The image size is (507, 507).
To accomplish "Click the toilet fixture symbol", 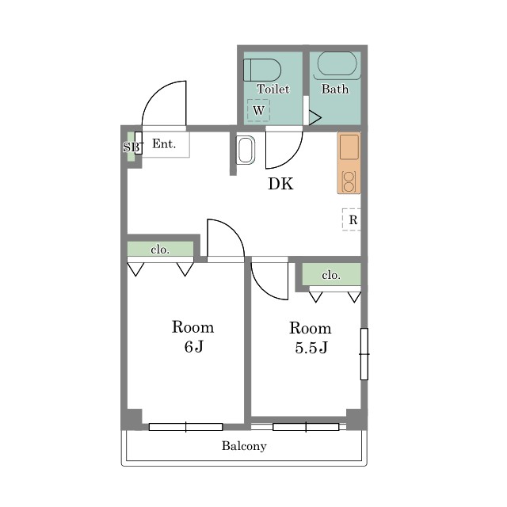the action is point(262,70).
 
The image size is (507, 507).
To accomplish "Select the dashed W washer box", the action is point(258,110).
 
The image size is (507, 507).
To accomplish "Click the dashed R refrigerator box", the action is point(352,219).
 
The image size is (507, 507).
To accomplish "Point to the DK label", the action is point(280,184).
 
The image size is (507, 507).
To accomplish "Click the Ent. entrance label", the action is point(164,143).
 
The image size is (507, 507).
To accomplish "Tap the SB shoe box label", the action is point(132,147).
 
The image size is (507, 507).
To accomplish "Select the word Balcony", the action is point(244,446).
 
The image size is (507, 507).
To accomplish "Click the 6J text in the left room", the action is point(193,347).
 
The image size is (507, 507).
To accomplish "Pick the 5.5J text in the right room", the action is point(311,348).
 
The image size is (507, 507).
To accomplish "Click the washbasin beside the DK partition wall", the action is point(246,151).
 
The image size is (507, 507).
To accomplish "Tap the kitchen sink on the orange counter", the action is point(349,147).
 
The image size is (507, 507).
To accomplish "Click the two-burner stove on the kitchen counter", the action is point(349,182).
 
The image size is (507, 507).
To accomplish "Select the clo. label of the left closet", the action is point(160,250).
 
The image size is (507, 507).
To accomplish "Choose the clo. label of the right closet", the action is point(331,275).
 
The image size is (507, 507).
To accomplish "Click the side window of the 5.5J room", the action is point(364,354).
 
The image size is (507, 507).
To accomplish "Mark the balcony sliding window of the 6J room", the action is point(186,427).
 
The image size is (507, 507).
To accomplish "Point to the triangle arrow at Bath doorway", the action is point(315,118).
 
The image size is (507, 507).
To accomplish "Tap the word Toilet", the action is point(273,89).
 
